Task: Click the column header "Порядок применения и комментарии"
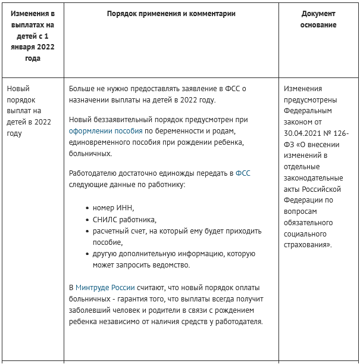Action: coord(171,14)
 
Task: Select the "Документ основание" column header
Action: coord(318,19)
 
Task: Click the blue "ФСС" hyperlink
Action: coord(243,174)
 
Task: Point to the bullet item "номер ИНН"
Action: coord(114,208)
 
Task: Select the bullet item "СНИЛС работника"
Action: coord(124,219)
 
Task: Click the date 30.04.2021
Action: coord(305,133)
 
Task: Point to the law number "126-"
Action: coord(340,133)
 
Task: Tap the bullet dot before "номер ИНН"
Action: coord(87,209)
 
